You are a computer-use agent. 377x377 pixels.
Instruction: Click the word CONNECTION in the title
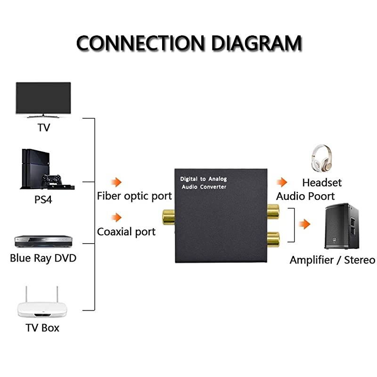(x=141, y=43)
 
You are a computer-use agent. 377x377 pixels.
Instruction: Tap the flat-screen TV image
(x=43, y=99)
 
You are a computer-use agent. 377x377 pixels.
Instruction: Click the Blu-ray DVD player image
(x=43, y=241)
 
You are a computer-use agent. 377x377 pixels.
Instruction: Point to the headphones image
(x=322, y=159)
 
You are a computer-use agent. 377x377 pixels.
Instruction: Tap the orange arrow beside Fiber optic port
(x=116, y=182)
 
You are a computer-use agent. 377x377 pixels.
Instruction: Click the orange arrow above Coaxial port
(x=116, y=217)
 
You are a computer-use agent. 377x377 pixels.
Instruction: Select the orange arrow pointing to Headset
(x=282, y=182)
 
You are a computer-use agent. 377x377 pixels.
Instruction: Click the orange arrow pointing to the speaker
(x=305, y=224)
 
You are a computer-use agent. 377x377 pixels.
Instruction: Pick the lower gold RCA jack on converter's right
(x=272, y=239)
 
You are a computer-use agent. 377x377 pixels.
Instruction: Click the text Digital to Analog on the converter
(x=203, y=179)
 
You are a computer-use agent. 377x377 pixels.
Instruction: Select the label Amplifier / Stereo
(x=332, y=260)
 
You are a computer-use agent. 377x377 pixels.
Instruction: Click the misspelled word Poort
(x=320, y=196)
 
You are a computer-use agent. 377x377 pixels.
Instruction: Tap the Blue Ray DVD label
(x=43, y=258)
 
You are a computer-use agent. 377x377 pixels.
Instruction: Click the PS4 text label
(x=43, y=199)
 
